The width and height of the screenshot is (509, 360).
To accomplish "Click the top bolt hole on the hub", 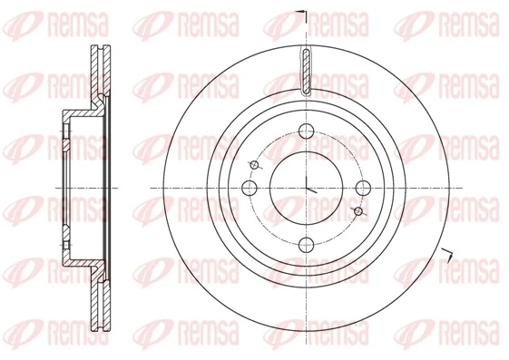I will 308,128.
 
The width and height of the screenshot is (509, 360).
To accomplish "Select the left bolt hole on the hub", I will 250,188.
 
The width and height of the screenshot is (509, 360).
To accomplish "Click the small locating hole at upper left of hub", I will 255,163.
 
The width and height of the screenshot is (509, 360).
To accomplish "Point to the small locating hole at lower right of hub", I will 359,211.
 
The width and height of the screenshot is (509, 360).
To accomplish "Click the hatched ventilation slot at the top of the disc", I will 308,73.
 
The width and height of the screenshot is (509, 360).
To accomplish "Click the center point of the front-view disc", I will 308,188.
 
